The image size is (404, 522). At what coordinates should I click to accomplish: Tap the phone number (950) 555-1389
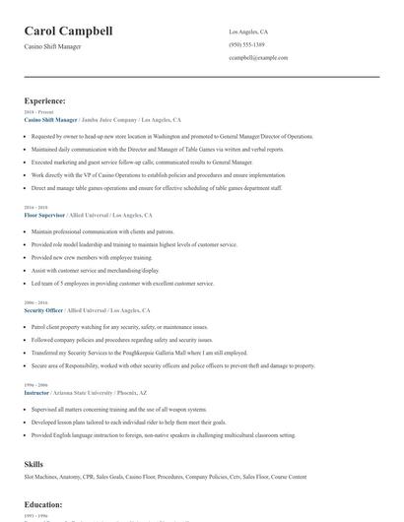246,44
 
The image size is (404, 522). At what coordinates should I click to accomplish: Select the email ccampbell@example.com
258,58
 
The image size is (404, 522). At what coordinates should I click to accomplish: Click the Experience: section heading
45,100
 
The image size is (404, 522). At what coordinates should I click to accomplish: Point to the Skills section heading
34,463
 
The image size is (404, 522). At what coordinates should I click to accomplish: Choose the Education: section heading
43,504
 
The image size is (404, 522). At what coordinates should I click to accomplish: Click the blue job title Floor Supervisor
45,215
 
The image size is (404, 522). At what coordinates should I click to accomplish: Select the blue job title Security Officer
44,309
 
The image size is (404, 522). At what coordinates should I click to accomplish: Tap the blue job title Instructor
37,392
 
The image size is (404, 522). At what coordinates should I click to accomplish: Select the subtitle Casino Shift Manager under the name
53,46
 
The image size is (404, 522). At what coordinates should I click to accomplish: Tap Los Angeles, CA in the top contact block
248,32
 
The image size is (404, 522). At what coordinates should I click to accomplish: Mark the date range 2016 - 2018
34,208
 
